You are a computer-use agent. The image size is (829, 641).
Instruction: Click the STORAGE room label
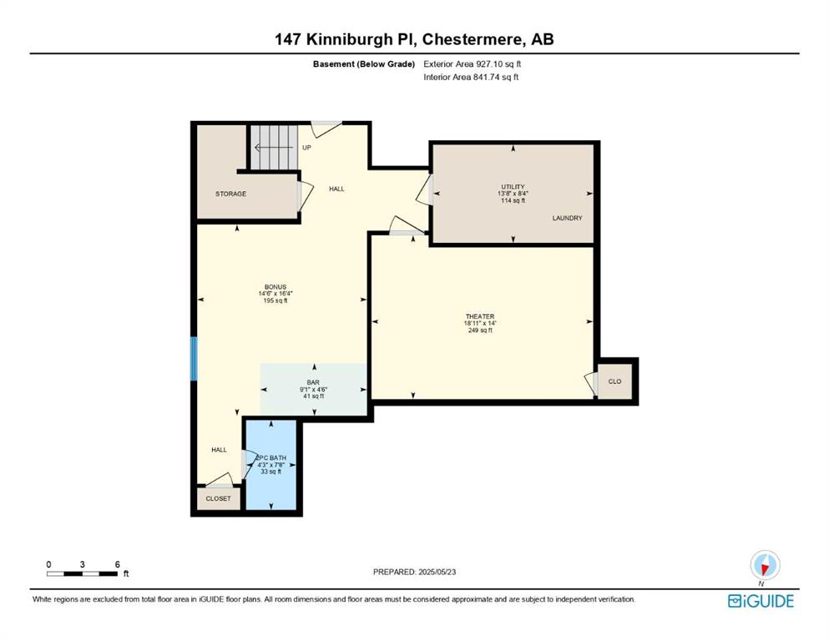[x=230, y=194]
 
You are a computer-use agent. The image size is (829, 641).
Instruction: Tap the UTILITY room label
[x=513, y=186]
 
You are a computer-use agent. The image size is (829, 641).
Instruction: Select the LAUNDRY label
[x=568, y=218]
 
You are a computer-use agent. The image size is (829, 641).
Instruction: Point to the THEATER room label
[x=479, y=316]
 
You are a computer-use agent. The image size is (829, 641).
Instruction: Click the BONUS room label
[x=275, y=287]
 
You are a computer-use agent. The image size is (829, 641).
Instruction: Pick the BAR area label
[x=313, y=382]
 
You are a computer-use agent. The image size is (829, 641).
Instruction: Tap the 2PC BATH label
[x=270, y=457]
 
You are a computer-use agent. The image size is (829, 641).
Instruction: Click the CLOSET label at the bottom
[x=219, y=498]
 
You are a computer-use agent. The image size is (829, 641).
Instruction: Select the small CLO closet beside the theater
[x=614, y=381]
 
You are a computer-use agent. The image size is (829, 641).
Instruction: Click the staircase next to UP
[x=274, y=148]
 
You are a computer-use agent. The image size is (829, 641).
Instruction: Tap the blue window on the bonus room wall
[x=194, y=359]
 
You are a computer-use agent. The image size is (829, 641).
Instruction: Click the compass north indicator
[x=765, y=565]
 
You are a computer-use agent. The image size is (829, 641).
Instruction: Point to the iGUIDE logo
[x=761, y=601]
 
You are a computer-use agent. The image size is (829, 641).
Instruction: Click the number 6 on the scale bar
[x=118, y=564]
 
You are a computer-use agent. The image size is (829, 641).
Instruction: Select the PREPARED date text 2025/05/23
[x=437, y=572]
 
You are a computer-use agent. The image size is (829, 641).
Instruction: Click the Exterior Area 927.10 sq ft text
[x=473, y=64]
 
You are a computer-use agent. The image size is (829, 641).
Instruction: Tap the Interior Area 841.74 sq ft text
[x=471, y=77]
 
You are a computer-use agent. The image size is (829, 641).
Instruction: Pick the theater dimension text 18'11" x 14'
[x=480, y=323]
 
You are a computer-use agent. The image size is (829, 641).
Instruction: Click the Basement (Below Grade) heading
[x=364, y=64]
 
